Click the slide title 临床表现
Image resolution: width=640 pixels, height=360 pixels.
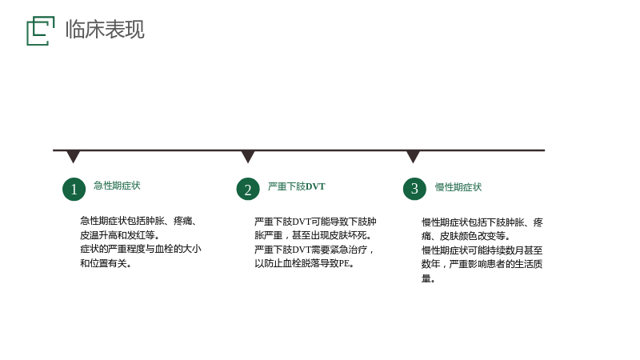(105, 30)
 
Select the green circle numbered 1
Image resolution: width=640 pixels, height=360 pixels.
(74, 189)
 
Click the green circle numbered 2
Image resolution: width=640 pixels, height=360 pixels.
(248, 189)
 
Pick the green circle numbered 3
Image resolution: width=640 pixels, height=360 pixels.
(414, 189)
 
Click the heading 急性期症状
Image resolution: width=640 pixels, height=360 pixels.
(117, 186)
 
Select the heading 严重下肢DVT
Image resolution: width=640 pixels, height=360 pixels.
(297, 186)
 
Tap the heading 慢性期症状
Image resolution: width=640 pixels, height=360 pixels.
(458, 187)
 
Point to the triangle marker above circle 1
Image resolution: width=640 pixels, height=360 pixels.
(73, 156)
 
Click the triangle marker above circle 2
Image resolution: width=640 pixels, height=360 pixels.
(248, 156)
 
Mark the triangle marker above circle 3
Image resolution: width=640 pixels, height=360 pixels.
(413, 156)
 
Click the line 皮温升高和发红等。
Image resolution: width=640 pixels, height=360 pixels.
(120, 235)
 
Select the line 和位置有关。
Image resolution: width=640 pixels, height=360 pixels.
(106, 263)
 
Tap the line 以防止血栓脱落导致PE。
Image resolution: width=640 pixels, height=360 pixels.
(305, 263)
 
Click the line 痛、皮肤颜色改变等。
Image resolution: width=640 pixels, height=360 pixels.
(466, 236)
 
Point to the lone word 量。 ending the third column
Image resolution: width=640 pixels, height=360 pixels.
(428, 278)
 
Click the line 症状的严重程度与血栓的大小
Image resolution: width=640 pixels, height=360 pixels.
(141, 249)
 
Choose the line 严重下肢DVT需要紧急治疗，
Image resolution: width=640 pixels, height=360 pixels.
(314, 250)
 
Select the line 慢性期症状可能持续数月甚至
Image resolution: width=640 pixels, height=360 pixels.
(482, 250)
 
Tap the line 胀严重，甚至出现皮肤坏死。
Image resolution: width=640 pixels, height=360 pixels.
(313, 235)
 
